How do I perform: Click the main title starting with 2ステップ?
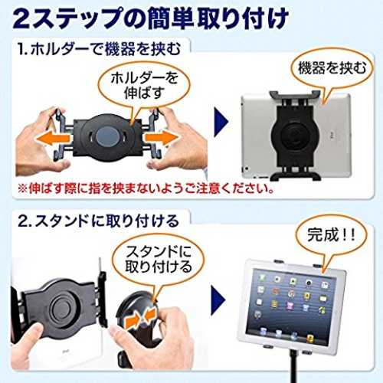click(151, 18)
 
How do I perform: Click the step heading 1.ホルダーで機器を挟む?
click(99, 48)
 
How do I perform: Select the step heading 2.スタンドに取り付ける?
click(99, 221)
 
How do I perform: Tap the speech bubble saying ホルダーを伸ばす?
click(144, 86)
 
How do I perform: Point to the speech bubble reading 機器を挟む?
click(332, 67)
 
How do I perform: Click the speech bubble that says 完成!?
click(331, 234)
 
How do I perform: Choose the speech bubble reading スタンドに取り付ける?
click(159, 259)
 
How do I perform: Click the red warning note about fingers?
click(146, 189)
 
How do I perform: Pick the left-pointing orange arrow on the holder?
click(53, 139)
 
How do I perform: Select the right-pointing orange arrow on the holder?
click(162, 138)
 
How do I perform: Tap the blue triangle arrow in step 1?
click(221, 122)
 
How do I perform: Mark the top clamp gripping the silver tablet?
click(294, 95)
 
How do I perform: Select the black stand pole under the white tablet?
click(291, 366)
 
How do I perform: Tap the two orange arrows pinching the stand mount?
click(140, 318)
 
